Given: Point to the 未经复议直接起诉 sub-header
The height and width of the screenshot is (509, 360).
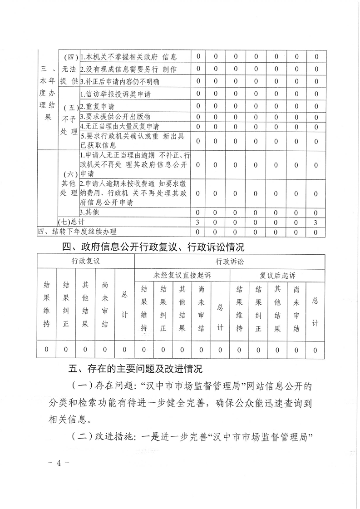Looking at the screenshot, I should click(182, 275).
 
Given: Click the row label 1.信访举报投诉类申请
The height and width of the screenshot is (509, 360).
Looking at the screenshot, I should click(115, 95).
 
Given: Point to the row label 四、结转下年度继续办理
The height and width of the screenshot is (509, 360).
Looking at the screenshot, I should click(77, 232).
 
